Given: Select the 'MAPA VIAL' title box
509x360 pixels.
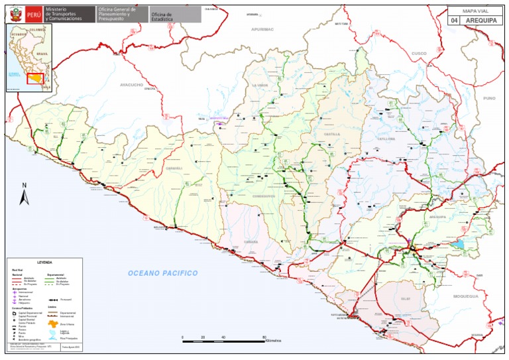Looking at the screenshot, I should [476, 11].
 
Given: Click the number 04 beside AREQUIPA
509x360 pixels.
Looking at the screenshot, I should [454, 21].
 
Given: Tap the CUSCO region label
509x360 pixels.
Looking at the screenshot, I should [419, 53].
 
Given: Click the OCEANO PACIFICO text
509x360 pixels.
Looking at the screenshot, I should [163, 273].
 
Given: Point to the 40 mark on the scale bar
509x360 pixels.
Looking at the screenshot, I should [223, 337].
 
